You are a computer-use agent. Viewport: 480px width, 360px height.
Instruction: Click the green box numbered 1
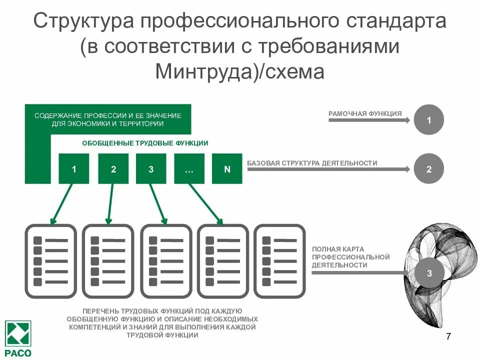click(x=74, y=169)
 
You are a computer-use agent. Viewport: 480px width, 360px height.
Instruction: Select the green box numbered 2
click(x=113, y=169)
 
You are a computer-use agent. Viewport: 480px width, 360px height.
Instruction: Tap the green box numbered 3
click(x=151, y=169)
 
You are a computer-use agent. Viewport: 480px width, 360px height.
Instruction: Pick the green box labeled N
click(x=227, y=169)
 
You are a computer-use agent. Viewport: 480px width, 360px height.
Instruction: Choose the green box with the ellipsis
click(x=189, y=169)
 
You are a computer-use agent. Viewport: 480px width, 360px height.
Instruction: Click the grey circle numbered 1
click(x=428, y=120)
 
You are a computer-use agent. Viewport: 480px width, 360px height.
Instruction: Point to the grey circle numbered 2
click(x=428, y=169)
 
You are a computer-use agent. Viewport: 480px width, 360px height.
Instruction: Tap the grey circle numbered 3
click(x=429, y=273)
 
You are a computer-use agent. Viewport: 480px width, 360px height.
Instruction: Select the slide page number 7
click(x=448, y=336)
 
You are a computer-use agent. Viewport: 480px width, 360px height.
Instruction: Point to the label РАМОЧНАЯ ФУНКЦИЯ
click(x=365, y=114)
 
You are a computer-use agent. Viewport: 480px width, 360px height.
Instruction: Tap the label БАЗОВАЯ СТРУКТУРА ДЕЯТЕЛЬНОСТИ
click(x=312, y=163)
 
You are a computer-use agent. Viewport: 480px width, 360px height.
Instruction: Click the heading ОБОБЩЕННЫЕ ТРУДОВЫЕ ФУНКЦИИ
click(x=145, y=143)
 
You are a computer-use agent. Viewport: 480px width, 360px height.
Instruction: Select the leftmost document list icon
click(x=50, y=261)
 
